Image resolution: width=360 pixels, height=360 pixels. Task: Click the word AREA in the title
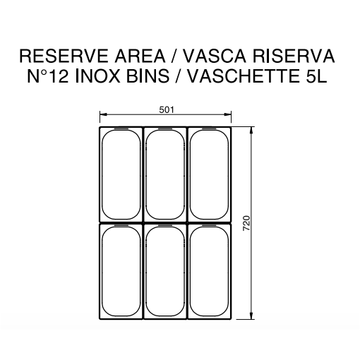coord(140,56)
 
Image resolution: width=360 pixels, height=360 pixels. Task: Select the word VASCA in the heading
coord(215,56)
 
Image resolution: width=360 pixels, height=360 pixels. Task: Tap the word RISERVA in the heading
coord(294,56)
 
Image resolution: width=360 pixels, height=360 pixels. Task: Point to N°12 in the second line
coord(48,76)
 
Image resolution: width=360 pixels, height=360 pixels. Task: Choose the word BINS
coord(148,76)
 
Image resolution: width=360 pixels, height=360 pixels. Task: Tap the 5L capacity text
coord(314,76)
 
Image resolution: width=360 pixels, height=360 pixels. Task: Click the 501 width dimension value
coord(167,110)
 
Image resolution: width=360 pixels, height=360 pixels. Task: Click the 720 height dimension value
coord(246,223)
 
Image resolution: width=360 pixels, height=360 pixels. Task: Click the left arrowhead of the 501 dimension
coord(103,114)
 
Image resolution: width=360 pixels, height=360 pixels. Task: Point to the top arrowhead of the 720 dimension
coord(251,131)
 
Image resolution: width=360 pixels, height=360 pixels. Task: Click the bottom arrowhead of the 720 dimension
coord(251,316)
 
